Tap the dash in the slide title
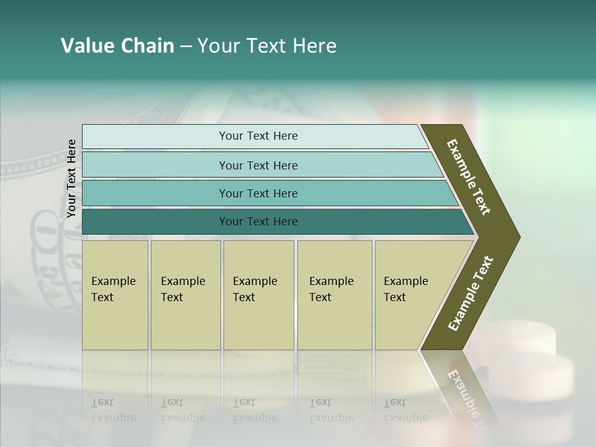[186, 47]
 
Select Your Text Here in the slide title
[266, 46]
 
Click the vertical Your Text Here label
[71, 179]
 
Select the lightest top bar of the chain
[255, 136]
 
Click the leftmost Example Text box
[115, 295]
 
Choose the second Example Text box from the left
[185, 295]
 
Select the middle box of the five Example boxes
[258, 295]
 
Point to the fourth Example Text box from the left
[335, 295]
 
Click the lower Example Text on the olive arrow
[470, 293]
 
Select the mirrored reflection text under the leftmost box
[113, 410]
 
